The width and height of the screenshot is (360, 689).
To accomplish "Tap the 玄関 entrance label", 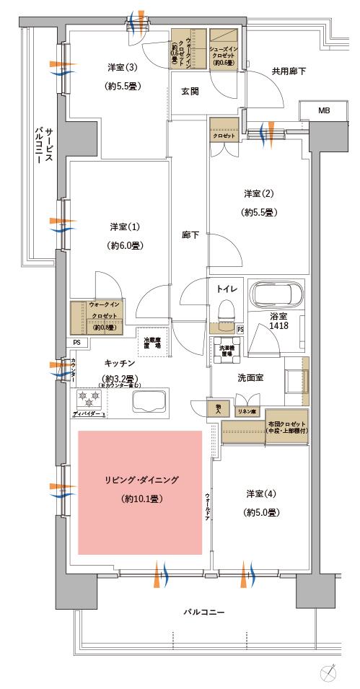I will [190, 92].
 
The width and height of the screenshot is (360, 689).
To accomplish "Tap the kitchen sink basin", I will [149, 403].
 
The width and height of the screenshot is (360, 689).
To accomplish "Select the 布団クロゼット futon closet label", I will [287, 427].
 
